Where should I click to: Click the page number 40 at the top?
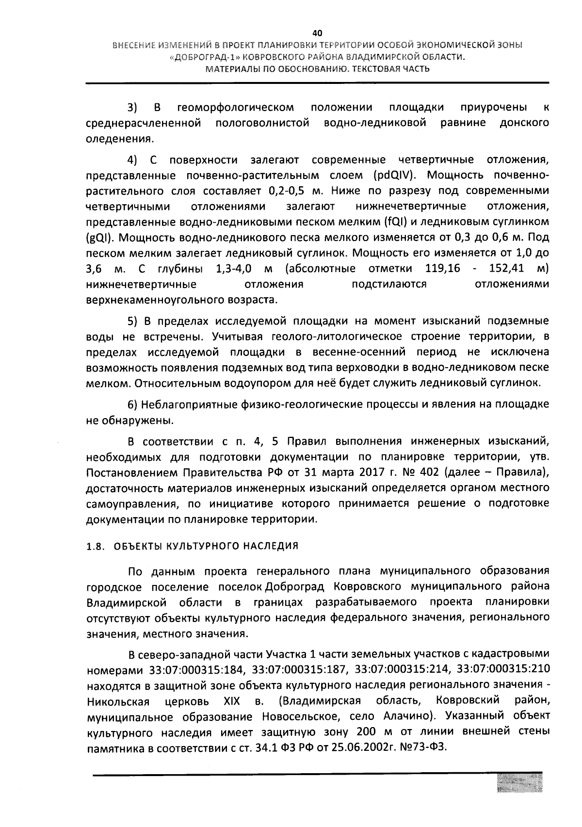coord(317,33)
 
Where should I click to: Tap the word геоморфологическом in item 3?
coord(236,107)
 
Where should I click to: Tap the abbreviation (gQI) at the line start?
coord(99,238)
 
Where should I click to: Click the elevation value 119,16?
coord(442,268)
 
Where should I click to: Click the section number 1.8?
coord(96,546)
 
